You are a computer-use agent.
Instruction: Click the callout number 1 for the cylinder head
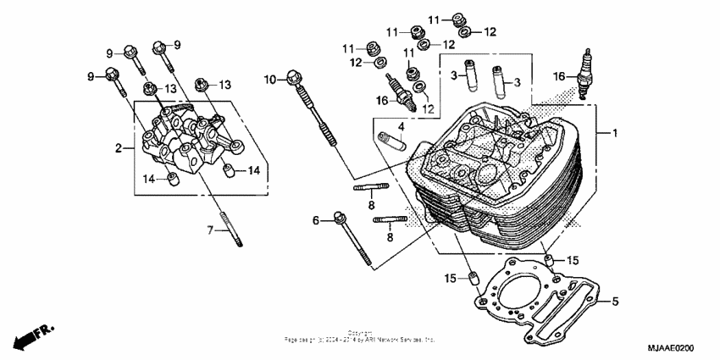point(616,134)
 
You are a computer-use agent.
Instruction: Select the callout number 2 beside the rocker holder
point(119,149)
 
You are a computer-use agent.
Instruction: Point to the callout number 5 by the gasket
point(616,301)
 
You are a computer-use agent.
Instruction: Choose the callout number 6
point(316,220)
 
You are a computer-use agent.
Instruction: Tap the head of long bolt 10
point(294,76)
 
